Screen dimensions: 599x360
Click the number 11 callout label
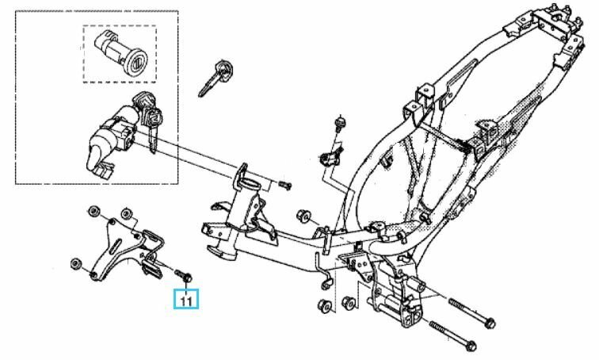pos(186,299)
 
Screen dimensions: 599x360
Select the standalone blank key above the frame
pos(215,79)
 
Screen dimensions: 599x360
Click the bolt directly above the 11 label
pos(184,276)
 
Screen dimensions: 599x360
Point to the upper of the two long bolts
pos(471,312)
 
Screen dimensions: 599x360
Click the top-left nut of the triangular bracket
pos(93,212)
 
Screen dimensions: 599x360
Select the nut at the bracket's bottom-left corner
pos(75,263)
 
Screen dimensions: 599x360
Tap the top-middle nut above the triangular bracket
pos(127,213)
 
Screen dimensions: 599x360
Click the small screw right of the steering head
pos(285,186)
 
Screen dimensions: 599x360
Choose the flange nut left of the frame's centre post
pos(303,216)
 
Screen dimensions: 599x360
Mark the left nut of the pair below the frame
pos(325,305)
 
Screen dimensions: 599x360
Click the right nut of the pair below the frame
pos(349,302)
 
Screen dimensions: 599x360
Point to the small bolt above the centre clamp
pos(339,123)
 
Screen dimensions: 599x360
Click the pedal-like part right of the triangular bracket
pos(151,266)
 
